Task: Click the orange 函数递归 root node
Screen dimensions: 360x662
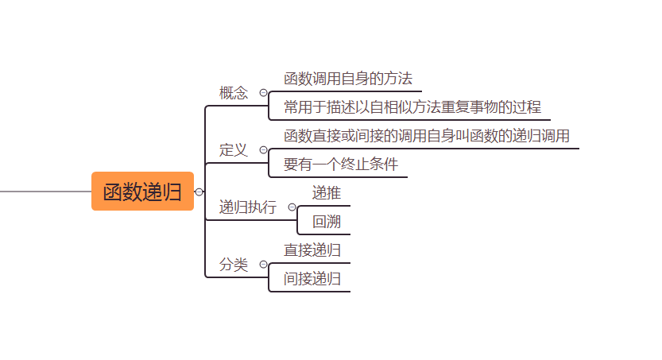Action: (x=142, y=192)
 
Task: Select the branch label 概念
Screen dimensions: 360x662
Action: (x=234, y=93)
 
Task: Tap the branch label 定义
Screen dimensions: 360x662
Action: (x=234, y=150)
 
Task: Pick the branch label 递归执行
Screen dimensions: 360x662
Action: (x=248, y=207)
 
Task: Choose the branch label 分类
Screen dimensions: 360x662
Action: (x=234, y=265)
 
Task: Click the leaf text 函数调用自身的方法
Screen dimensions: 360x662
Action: (x=348, y=79)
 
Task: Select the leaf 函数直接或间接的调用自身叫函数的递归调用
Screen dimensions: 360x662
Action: (x=427, y=136)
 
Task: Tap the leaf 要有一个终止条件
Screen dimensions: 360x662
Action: (x=341, y=165)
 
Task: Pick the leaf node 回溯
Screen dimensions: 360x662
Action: (x=327, y=222)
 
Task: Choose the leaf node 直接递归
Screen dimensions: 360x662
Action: (x=312, y=250)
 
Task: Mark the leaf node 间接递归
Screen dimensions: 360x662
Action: (x=312, y=279)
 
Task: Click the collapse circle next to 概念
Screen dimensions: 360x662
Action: (x=263, y=93)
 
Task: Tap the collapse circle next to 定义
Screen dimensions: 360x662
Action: (x=263, y=150)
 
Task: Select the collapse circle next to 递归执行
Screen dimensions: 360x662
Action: (x=292, y=207)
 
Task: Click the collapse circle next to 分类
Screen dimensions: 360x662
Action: (x=263, y=265)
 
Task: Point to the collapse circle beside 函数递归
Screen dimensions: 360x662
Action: (x=199, y=192)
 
